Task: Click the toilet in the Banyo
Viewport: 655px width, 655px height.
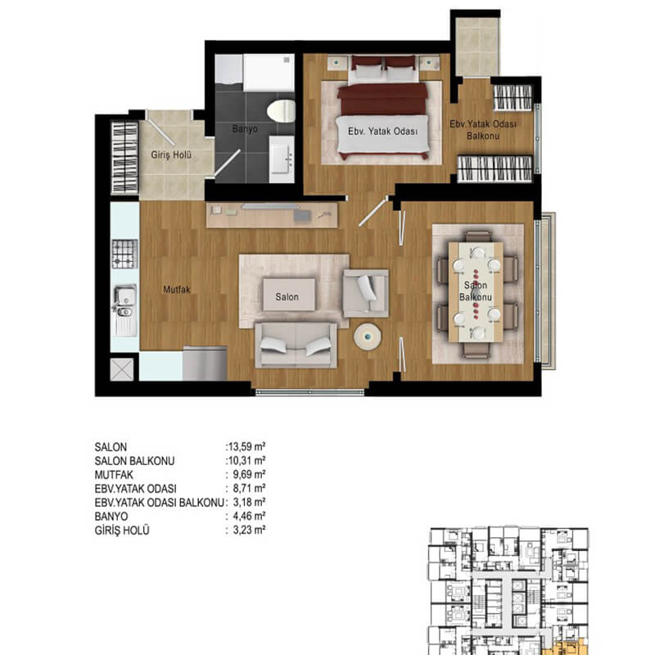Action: (x=281, y=111)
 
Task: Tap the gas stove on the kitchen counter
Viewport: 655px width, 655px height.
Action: (x=124, y=254)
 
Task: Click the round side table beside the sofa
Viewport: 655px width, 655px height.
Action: (x=367, y=337)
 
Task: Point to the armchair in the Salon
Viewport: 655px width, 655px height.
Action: (x=365, y=293)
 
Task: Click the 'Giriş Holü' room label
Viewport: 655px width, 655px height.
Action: (x=171, y=155)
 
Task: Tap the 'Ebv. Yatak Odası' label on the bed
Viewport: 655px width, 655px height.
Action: (x=382, y=132)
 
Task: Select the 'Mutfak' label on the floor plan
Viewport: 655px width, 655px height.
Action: (x=177, y=290)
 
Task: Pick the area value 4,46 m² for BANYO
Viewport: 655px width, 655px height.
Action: (x=249, y=517)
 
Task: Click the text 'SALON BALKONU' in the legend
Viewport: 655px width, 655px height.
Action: (x=134, y=461)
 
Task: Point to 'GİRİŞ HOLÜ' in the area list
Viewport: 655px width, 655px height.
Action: (x=122, y=531)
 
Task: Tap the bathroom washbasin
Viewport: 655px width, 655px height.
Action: (x=282, y=159)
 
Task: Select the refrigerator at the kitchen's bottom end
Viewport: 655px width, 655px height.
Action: (x=205, y=363)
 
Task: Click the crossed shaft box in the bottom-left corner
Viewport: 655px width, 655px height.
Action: (x=122, y=369)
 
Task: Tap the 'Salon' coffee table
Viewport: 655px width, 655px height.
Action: (x=289, y=295)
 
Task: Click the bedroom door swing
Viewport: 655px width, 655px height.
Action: (x=373, y=213)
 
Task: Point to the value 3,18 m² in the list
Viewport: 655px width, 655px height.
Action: (x=249, y=502)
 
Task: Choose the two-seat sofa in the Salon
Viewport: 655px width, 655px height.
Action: (x=296, y=345)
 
